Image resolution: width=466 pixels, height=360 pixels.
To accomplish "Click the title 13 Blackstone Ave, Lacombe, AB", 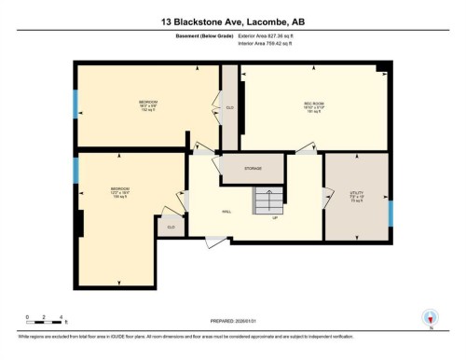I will click(233, 20).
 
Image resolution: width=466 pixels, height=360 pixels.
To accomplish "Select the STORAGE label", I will click(253, 169).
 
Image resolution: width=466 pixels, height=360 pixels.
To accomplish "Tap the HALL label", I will click(226, 212).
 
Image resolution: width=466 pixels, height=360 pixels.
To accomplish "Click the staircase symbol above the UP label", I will click(268, 200).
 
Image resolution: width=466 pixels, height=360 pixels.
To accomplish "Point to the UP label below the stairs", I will click(276, 218).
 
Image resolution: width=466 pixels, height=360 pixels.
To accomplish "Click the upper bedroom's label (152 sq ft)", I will click(148, 104).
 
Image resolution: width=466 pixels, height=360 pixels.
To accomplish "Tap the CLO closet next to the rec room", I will click(230, 107).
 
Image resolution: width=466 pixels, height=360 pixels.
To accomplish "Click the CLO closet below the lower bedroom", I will click(171, 226).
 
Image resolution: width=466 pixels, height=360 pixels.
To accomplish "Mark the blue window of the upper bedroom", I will click(76, 103).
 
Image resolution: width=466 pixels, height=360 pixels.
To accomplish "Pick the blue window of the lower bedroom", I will click(76, 170).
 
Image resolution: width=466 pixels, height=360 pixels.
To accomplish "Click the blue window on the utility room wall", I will click(390, 213).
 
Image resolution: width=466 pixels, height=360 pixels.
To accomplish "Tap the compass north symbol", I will click(430, 318).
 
